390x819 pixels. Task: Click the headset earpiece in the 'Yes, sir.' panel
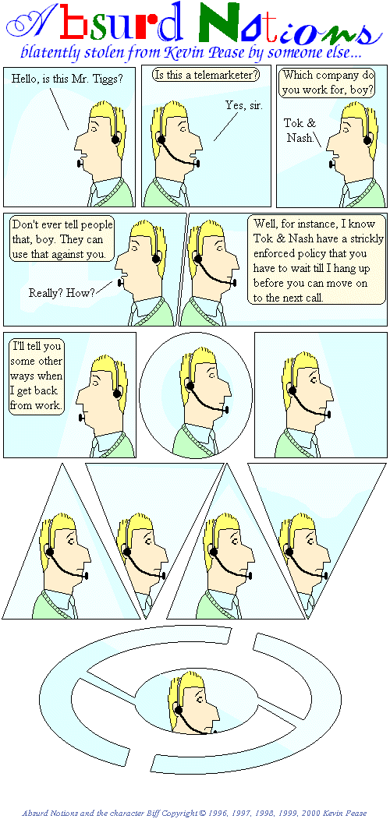(x=161, y=139)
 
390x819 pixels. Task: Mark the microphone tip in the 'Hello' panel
(x=80, y=164)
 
